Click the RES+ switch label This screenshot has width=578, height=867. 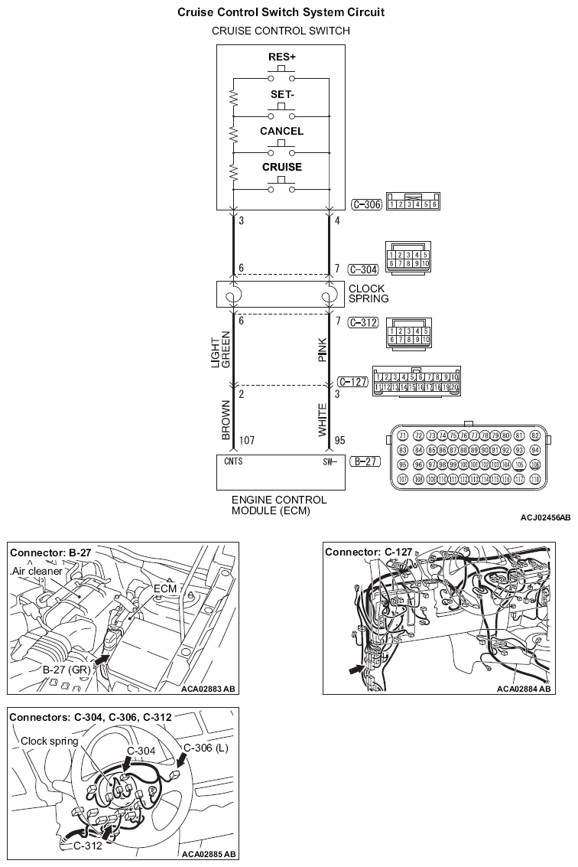(x=281, y=57)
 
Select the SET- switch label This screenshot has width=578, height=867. (x=281, y=95)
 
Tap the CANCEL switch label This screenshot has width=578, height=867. (x=281, y=131)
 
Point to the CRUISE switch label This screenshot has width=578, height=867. (x=281, y=167)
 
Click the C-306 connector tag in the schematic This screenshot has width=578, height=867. (x=365, y=204)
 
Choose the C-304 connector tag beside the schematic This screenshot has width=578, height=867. (x=362, y=269)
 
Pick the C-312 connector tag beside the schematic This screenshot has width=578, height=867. (x=362, y=322)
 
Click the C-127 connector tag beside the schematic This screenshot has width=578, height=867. (x=352, y=380)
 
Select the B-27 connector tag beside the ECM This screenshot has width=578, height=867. (x=362, y=461)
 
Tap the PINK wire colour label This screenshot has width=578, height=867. (x=323, y=349)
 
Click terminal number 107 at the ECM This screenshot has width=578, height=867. (x=247, y=442)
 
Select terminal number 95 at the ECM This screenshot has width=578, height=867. (x=341, y=442)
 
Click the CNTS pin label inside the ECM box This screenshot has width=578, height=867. (x=233, y=461)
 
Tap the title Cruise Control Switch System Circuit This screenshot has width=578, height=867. (x=281, y=13)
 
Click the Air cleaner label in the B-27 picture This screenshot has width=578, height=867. (x=37, y=572)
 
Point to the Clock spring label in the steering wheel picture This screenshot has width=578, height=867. (x=49, y=740)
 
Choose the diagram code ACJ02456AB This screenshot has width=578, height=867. (x=545, y=518)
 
